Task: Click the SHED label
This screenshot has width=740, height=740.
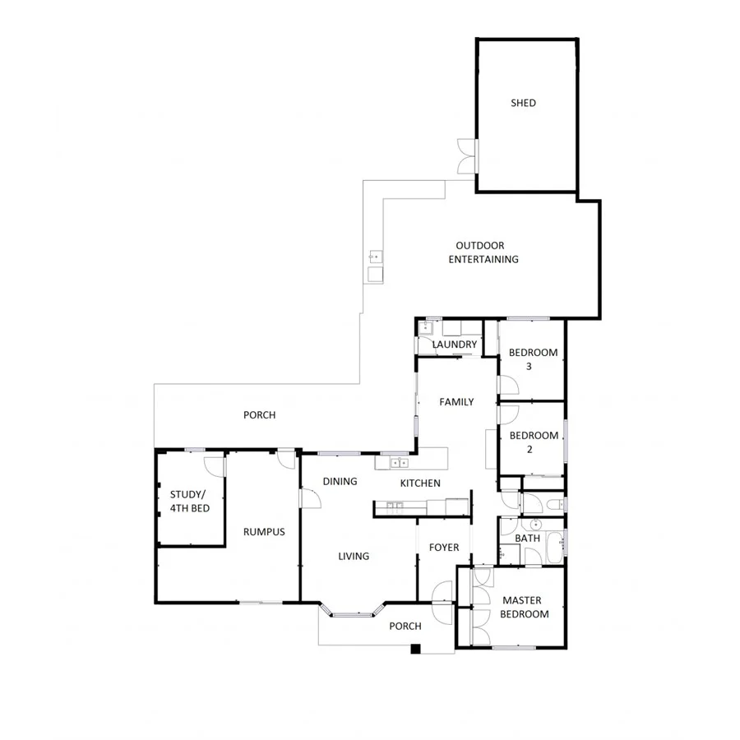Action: pyautogui.click(x=523, y=103)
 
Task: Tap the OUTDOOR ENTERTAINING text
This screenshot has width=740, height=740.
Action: pyautogui.click(x=483, y=252)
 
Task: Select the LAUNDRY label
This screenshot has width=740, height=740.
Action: pyautogui.click(x=454, y=345)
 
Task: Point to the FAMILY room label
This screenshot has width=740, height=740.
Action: pyautogui.click(x=456, y=402)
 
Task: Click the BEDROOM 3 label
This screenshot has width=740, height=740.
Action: pyautogui.click(x=533, y=359)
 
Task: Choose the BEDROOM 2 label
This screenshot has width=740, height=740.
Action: pyautogui.click(x=533, y=442)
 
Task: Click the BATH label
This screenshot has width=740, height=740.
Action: pyautogui.click(x=527, y=539)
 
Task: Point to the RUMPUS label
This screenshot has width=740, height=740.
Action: pyautogui.click(x=264, y=532)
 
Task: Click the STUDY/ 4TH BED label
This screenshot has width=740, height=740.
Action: pyautogui.click(x=189, y=502)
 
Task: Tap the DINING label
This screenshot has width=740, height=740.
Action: pyautogui.click(x=340, y=481)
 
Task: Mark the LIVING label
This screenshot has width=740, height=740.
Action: pyautogui.click(x=354, y=556)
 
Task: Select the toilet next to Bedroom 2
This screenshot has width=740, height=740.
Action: pyautogui.click(x=555, y=503)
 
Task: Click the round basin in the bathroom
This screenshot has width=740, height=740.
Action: pyautogui.click(x=534, y=524)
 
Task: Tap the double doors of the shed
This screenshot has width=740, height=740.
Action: pyautogui.click(x=466, y=155)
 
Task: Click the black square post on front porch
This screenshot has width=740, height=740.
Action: pyautogui.click(x=415, y=649)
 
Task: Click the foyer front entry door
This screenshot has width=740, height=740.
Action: pyautogui.click(x=441, y=591)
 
